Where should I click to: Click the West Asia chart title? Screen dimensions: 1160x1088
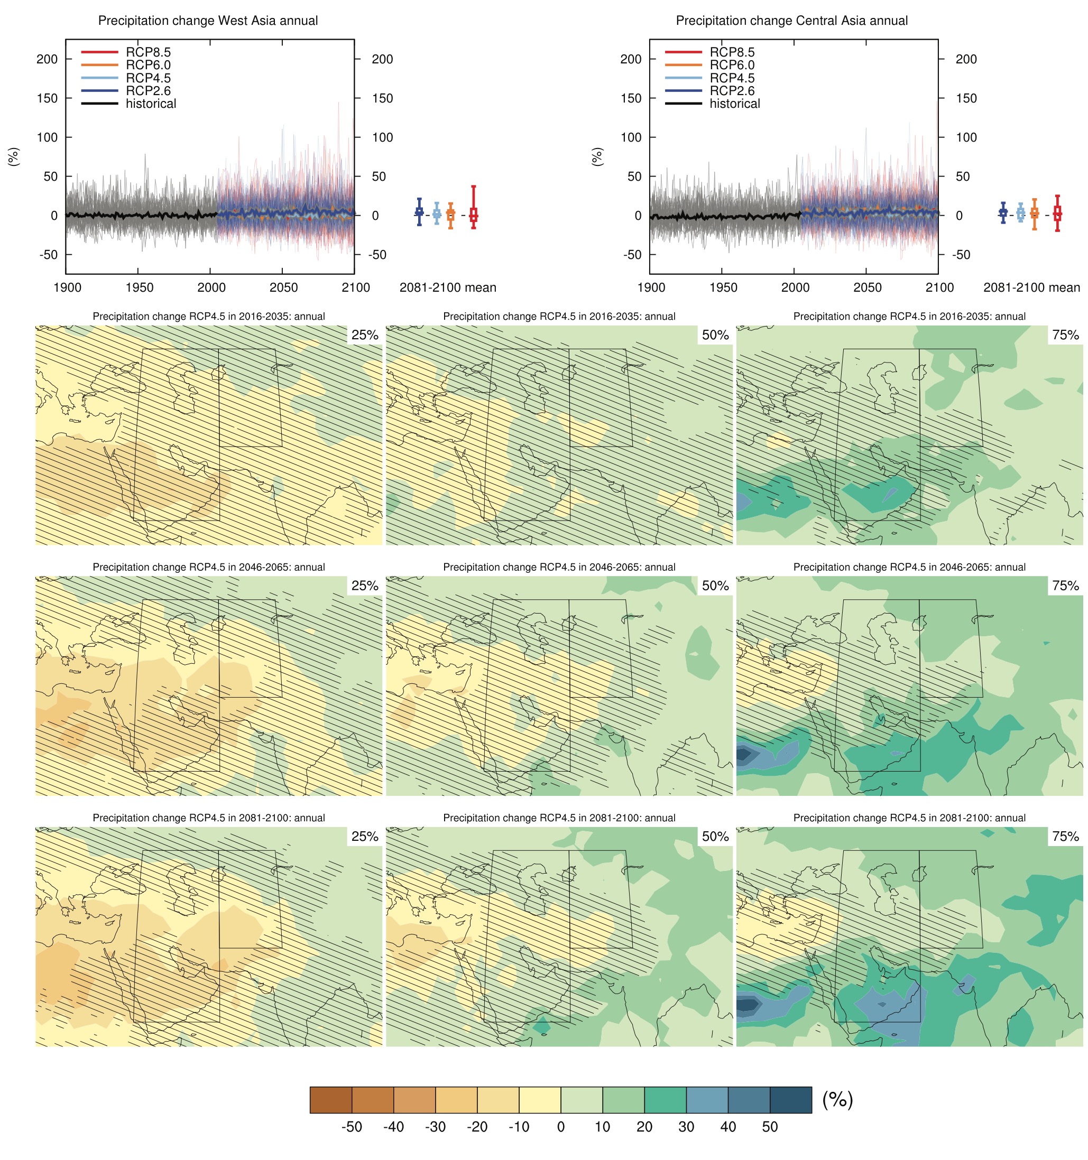pyautogui.click(x=208, y=21)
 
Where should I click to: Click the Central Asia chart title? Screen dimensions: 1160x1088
pyautogui.click(x=791, y=21)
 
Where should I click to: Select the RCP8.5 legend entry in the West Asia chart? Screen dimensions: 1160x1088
pyautogui.click(x=148, y=52)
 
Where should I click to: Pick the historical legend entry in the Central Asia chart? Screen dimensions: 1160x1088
pyautogui.click(x=734, y=104)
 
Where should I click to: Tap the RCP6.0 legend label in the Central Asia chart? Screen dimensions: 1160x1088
pyautogui.click(x=732, y=65)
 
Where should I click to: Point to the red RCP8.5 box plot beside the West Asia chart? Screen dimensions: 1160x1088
pyautogui.click(x=473, y=214)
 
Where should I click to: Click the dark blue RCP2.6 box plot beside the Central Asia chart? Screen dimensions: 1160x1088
pyautogui.click(x=1002, y=213)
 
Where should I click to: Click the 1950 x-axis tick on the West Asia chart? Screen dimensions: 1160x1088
pyautogui.click(x=139, y=287)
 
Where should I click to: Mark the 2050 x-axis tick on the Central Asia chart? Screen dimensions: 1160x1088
pyautogui.click(x=867, y=287)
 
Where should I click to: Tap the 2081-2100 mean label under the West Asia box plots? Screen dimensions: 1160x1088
pyautogui.click(x=448, y=287)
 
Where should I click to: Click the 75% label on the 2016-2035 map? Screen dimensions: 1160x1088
pyautogui.click(x=1065, y=335)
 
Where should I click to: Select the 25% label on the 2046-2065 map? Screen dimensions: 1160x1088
pyautogui.click(x=365, y=585)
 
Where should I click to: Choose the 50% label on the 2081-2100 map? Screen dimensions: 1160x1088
pyautogui.click(x=715, y=836)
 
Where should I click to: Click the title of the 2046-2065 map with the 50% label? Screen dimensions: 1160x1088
pyautogui.click(x=559, y=567)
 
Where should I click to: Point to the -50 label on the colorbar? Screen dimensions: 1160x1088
pyautogui.click(x=352, y=1127)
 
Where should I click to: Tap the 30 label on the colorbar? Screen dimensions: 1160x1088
pyautogui.click(x=686, y=1127)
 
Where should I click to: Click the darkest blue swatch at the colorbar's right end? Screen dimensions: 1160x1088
pyautogui.click(x=790, y=1100)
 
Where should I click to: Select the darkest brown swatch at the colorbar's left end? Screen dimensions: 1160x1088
pyautogui.click(x=331, y=1100)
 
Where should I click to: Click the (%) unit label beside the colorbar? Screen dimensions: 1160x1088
pyautogui.click(x=837, y=1099)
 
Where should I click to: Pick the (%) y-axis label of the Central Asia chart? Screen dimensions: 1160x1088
pyautogui.click(x=597, y=156)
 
